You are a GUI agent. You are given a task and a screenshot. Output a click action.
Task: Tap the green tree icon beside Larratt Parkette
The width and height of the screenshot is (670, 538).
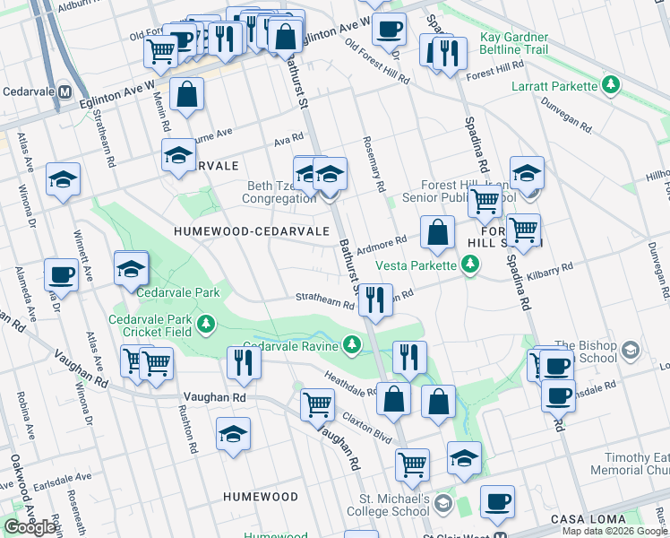point(611,86)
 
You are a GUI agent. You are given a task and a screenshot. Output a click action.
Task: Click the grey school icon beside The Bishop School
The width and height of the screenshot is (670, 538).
point(631,349)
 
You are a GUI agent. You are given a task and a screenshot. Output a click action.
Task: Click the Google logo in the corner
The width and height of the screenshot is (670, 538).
point(30,527)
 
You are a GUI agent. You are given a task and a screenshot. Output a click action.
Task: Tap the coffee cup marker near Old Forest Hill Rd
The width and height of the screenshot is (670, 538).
point(389,30)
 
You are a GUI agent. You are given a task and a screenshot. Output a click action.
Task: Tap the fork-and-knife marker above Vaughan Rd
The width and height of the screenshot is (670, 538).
point(243,361)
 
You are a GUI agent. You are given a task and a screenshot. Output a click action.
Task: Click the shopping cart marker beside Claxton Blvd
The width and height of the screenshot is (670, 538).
point(317,404)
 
